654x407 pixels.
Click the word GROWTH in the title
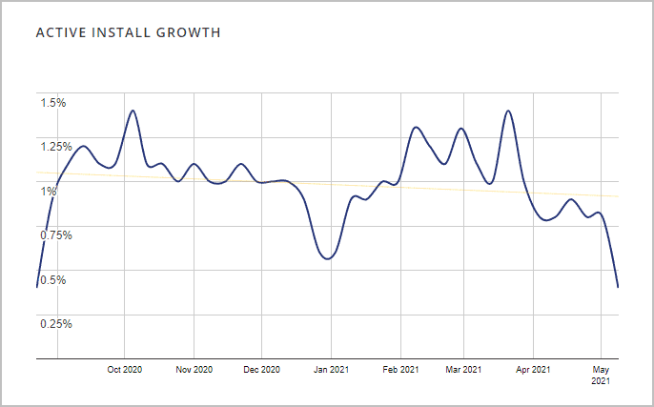pyautogui.click(x=191, y=33)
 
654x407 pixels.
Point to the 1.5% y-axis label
pyautogui.click(x=52, y=103)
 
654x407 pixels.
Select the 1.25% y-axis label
pyautogui.click(x=55, y=147)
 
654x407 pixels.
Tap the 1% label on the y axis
pyautogui.click(x=48, y=191)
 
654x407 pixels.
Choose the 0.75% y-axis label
pyautogui.click(x=55, y=234)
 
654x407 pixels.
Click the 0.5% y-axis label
pyautogui.click(x=52, y=279)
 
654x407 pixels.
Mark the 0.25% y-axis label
pyautogui.click(x=55, y=323)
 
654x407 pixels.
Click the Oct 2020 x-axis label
pyautogui.click(x=125, y=370)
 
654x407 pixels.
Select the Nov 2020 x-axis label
pyautogui.click(x=194, y=370)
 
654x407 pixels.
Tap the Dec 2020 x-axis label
pyautogui.click(x=262, y=370)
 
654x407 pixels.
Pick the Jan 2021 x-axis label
pyautogui.click(x=331, y=370)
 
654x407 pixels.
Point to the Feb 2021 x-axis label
pyautogui.click(x=400, y=370)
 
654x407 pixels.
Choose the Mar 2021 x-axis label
pyautogui.click(x=463, y=370)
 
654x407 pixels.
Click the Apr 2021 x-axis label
pyautogui.click(x=533, y=370)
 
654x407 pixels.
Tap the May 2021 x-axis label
pyautogui.click(x=601, y=375)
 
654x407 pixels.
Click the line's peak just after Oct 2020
pyautogui.click(x=133, y=111)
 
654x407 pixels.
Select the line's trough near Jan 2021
pyautogui.click(x=327, y=258)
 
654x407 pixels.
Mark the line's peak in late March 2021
pyautogui.click(x=508, y=111)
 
